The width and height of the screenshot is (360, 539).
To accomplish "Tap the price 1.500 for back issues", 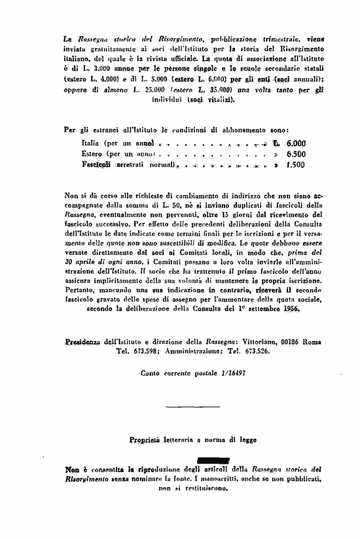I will tap(295, 165).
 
